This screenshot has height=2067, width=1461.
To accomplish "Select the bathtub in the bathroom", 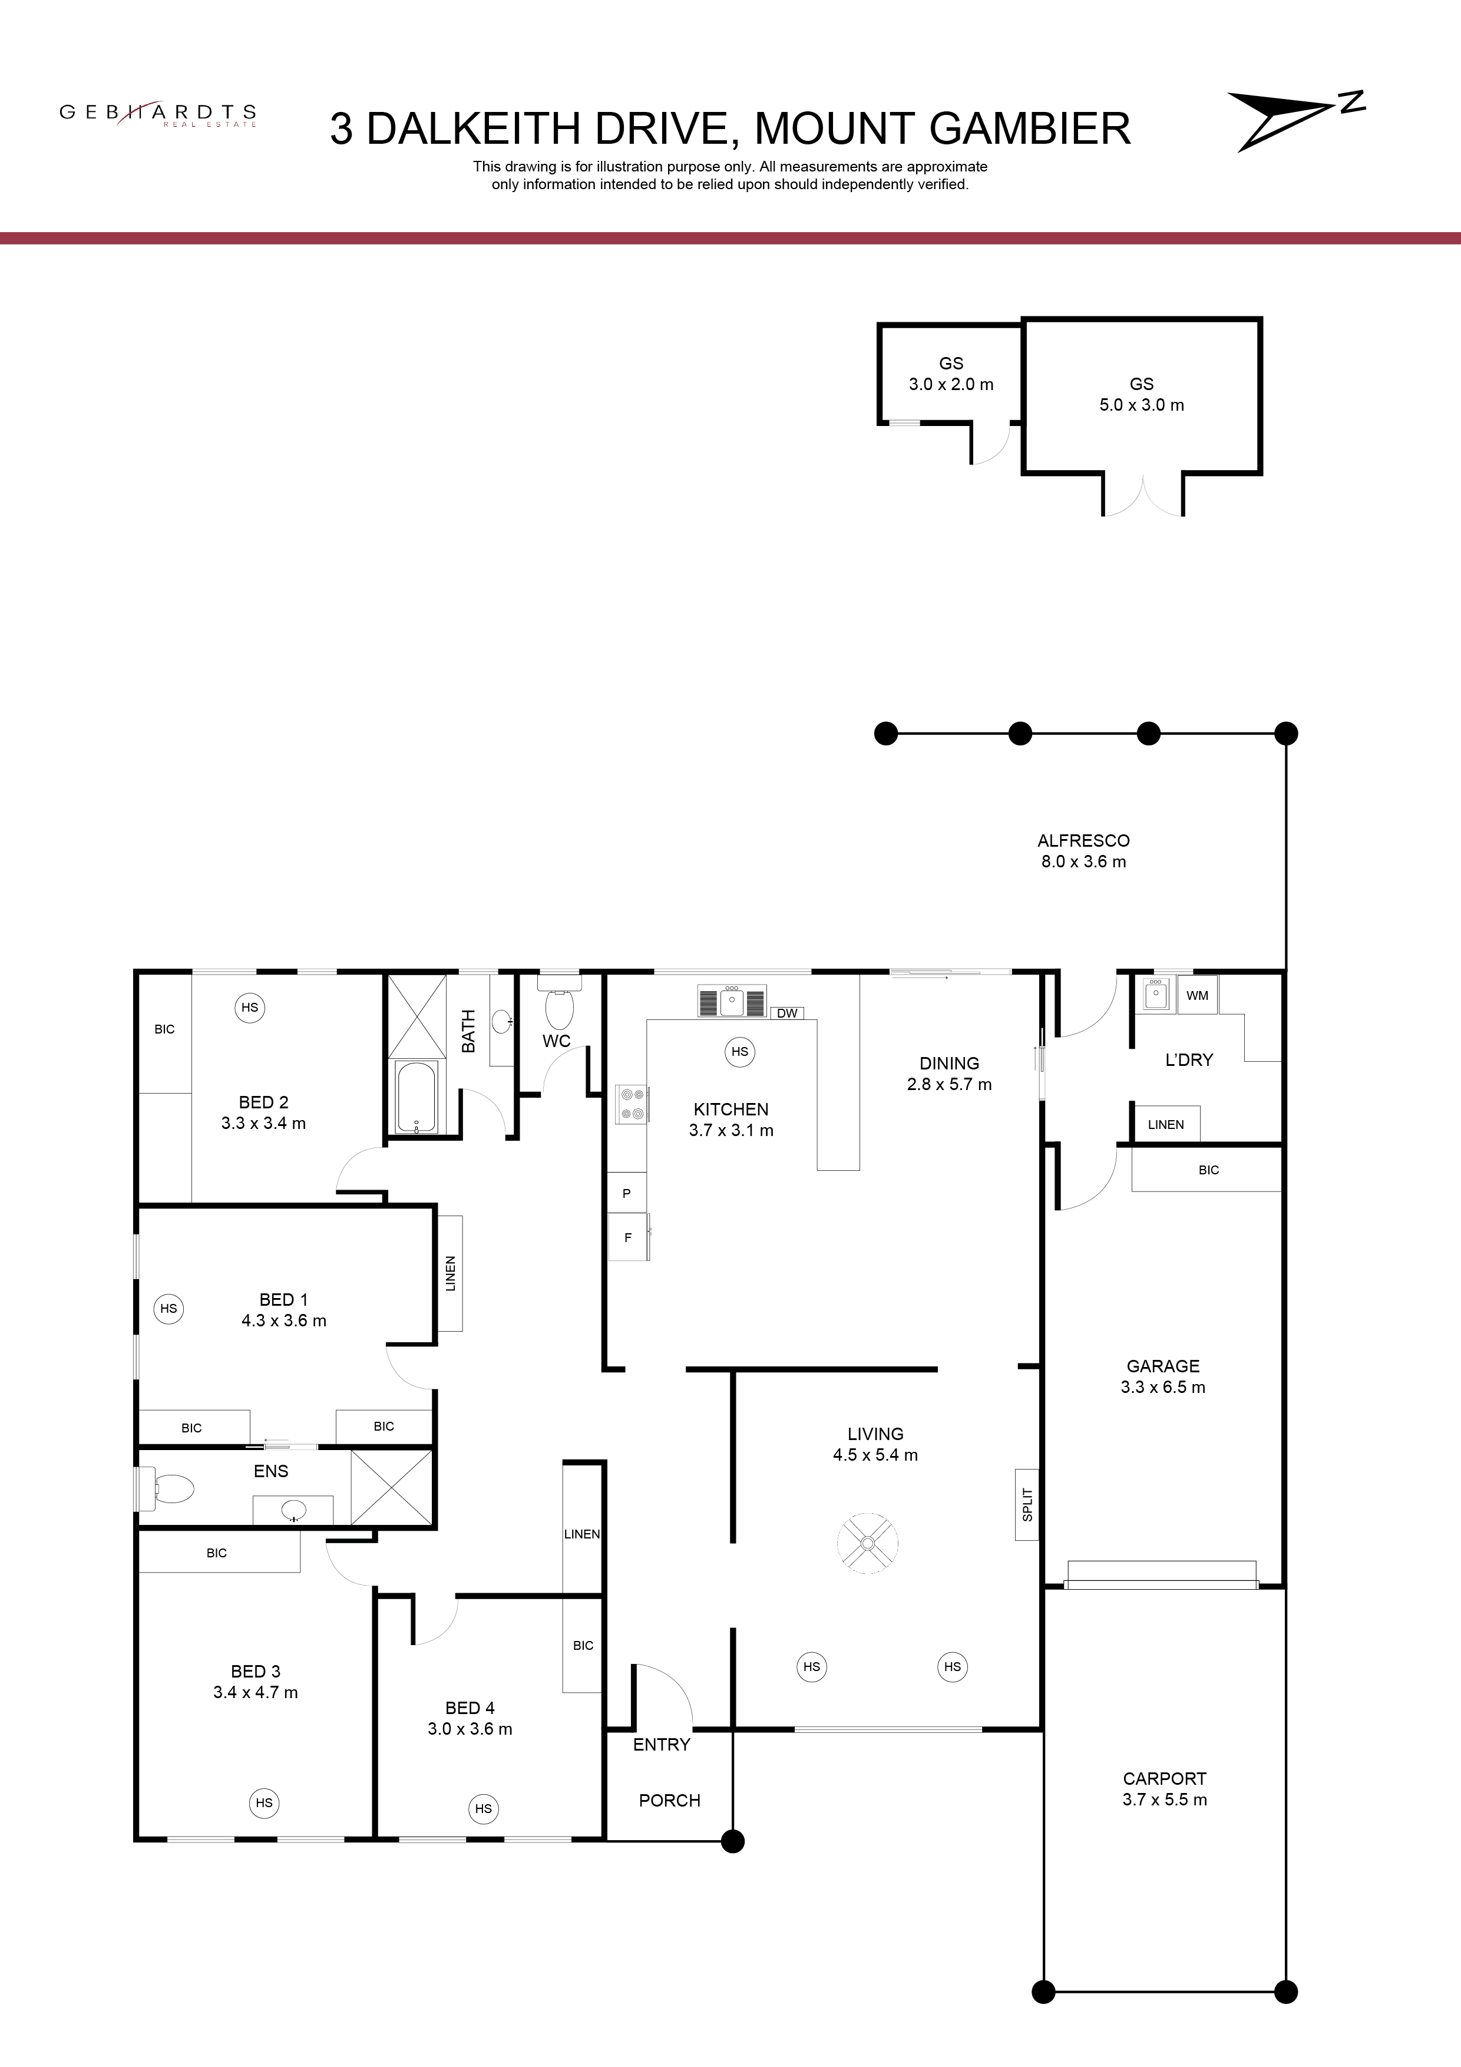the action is [416, 1097].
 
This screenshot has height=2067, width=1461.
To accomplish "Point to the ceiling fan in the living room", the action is [867, 1543].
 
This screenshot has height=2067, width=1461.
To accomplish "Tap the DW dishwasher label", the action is [787, 1013].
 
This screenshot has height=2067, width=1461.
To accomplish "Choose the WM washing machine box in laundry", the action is [1197, 995].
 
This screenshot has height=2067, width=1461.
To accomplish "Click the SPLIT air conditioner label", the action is [1027, 1504].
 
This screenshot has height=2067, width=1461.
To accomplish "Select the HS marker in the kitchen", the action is [739, 1052].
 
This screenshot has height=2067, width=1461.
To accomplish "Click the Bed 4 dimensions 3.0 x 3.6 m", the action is [470, 1729].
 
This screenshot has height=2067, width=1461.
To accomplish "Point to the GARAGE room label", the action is [1163, 1366].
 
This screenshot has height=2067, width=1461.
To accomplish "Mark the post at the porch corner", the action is [733, 1841].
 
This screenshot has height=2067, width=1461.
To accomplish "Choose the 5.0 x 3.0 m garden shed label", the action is [1142, 405].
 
